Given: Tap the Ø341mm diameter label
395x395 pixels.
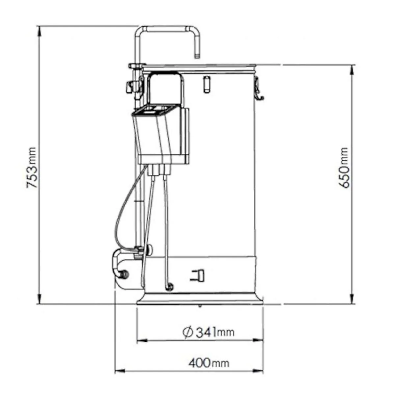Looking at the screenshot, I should pos(208,332).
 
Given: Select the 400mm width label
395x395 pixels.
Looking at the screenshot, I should pos(209,363).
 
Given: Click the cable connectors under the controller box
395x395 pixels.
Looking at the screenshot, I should pos(160,170).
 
